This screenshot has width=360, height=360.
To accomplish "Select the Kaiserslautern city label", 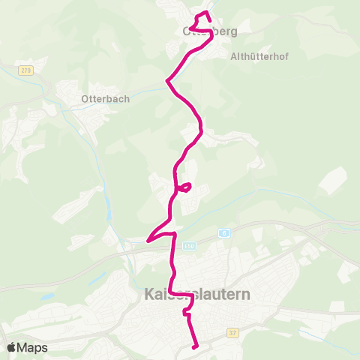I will [196, 295].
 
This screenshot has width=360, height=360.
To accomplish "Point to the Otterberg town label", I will [209, 31].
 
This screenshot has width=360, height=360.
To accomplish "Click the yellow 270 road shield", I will [26, 70].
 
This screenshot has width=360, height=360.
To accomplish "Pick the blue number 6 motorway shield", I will [223, 232].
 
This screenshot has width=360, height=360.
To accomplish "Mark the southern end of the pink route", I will [196, 346].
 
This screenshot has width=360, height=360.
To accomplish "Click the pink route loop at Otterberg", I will [200, 20].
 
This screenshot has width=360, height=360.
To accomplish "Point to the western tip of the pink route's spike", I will [148, 240].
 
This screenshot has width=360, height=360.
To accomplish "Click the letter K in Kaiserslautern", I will [146, 295].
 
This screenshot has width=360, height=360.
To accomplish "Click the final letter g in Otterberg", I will [233, 32].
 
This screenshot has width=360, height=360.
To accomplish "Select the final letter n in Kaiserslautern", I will [247, 295].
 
